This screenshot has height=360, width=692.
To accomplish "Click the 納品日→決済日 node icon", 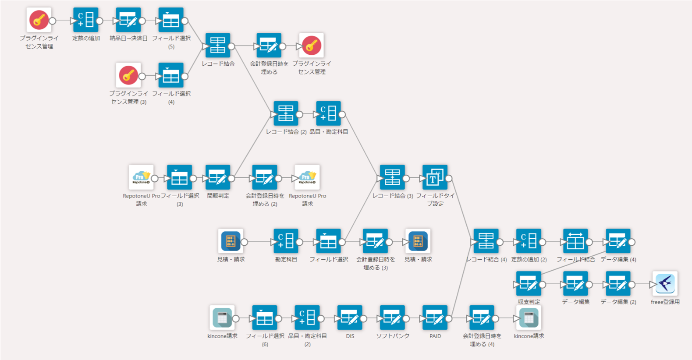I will pos(128,20).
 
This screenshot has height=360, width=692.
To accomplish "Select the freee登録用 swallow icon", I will pos(665,284).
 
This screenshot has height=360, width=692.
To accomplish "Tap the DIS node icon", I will pos(350,318).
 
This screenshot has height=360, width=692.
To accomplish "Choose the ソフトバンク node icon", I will pos(392,318).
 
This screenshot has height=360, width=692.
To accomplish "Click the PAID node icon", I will pos(435,318).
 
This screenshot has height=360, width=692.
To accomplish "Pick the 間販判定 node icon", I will pos(218,177).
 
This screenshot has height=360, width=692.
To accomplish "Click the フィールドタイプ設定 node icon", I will pos(435,177).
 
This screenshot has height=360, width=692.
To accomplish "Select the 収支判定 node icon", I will pos(529,284).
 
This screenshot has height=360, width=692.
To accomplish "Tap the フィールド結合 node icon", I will pos(575,241).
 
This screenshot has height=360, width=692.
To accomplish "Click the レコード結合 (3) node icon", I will pos(392,177).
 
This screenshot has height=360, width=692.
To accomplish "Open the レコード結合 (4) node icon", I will pos(486,241).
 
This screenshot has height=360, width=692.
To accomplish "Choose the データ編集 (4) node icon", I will pos(618,241).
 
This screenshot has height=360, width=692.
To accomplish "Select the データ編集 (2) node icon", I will pos(618,284).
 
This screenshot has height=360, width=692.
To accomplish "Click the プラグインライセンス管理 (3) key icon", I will pos(128,75).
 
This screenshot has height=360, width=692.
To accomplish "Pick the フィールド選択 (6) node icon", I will pos(265,318).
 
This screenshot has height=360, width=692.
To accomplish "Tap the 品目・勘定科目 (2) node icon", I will pos(307,318).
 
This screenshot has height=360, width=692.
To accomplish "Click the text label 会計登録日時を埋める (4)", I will pos(482,340).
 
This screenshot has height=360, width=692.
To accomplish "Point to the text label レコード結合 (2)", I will pos(286,132).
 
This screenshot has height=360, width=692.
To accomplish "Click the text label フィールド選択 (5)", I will pos(171,42).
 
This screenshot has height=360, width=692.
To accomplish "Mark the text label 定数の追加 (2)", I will pos(529,260).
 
